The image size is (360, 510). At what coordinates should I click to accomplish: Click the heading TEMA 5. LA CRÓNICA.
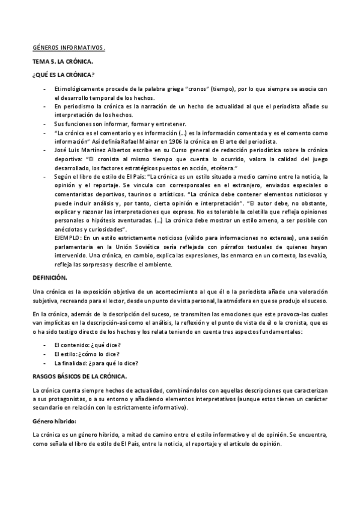[63, 61]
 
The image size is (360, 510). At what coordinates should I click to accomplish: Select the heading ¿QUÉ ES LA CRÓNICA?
[63, 75]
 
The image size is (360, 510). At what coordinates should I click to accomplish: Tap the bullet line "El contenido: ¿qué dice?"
[87, 344]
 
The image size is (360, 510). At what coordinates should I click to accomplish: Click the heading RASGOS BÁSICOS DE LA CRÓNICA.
[79, 376]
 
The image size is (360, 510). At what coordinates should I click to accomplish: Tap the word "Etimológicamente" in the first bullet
[80, 89]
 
